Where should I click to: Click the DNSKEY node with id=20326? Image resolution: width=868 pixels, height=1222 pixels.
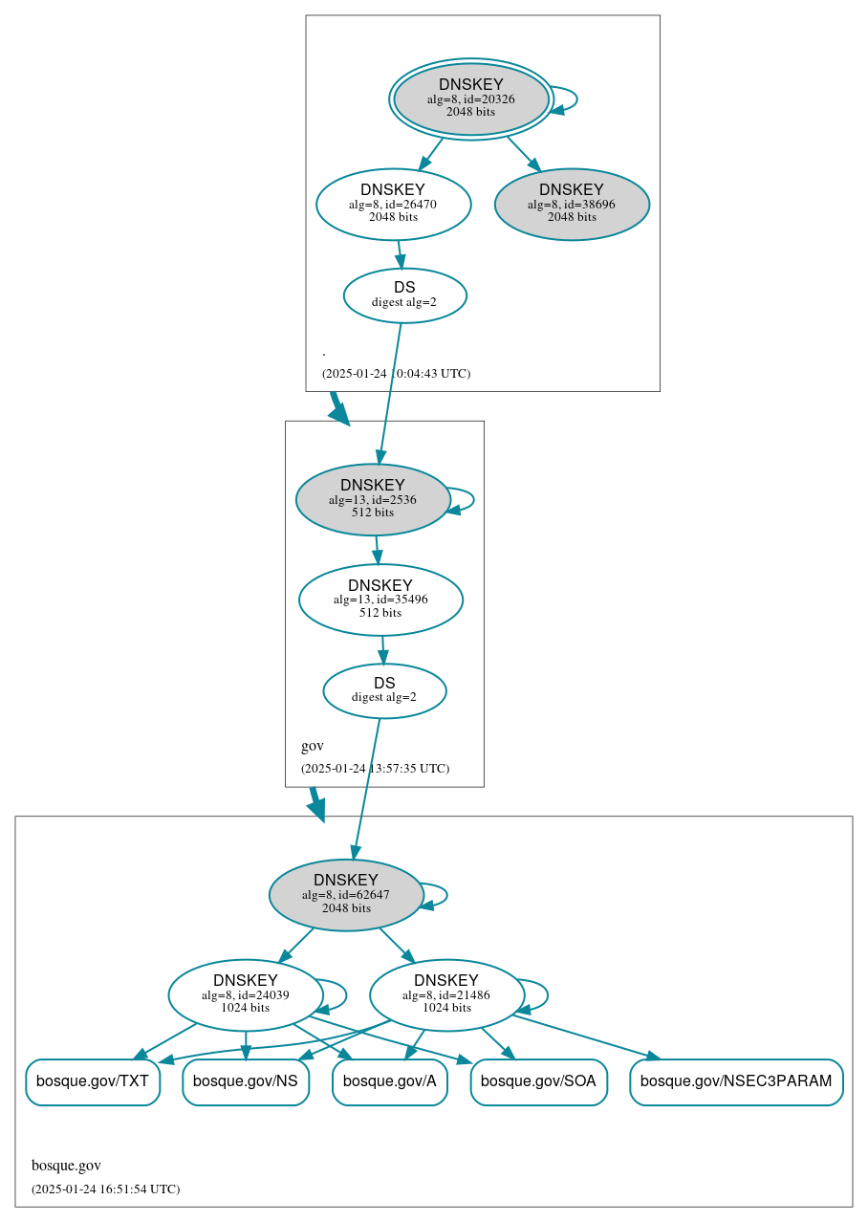pos(471,98)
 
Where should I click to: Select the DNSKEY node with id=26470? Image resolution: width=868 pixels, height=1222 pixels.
pos(393,204)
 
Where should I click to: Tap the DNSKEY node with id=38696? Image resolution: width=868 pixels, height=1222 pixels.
pos(572,204)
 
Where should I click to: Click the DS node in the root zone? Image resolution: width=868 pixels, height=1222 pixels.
pos(404,295)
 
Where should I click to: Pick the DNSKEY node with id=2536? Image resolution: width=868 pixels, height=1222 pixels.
pos(373,499)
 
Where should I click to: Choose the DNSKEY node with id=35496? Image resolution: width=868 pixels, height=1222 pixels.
pos(380,600)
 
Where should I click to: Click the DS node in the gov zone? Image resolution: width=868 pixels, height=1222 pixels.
pos(384,690)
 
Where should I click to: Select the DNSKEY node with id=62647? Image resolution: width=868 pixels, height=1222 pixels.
pos(346,895)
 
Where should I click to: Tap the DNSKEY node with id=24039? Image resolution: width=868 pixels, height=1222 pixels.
pos(246,995)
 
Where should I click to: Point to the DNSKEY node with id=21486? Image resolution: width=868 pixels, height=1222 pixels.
pos(446,995)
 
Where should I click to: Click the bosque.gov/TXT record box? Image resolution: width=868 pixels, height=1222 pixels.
pos(93,1081)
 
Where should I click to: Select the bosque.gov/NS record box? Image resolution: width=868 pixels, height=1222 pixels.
pos(246,1081)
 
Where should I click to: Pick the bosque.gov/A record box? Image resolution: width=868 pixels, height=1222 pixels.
pos(389,1081)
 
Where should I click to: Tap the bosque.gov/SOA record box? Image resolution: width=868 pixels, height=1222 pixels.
pos(538,1081)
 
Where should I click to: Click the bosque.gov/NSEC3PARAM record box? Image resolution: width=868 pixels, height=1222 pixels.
pos(736,1081)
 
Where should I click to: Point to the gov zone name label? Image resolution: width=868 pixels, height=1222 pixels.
pos(313,746)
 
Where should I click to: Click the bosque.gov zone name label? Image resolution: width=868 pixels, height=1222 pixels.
pos(66,1165)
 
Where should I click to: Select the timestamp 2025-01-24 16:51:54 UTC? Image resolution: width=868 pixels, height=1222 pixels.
pos(105,1189)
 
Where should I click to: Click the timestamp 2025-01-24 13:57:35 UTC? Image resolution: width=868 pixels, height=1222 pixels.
pos(375,769)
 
